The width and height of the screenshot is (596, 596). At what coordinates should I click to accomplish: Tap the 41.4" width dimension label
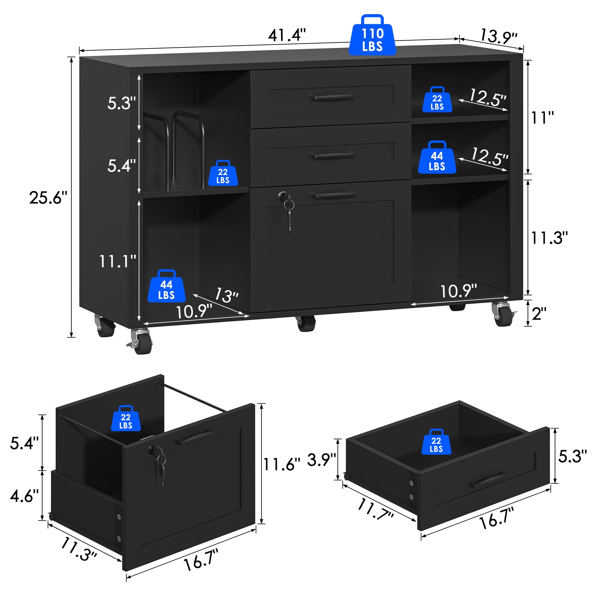pyautogui.click(x=287, y=35)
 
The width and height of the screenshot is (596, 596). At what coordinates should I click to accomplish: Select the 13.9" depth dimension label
pyautogui.click(x=498, y=36)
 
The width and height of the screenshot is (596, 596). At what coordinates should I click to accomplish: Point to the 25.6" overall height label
pyautogui.click(x=49, y=198)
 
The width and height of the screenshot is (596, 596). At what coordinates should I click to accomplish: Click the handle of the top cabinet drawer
pyautogui.click(x=332, y=97)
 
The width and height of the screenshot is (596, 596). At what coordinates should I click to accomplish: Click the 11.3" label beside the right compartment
pyautogui.click(x=549, y=238)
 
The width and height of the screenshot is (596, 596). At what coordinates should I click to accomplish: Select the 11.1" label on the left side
pyautogui.click(x=117, y=261)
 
